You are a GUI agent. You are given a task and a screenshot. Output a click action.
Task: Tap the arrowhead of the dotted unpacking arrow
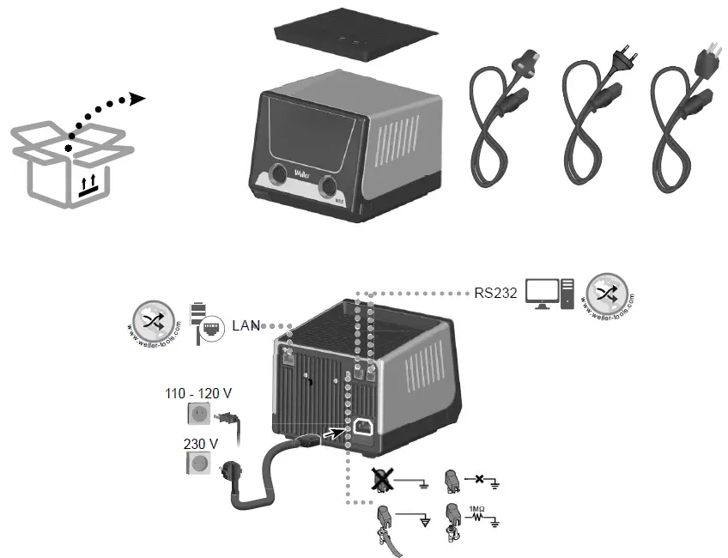(137, 99)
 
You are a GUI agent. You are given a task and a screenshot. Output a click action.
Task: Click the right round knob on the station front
(329, 186)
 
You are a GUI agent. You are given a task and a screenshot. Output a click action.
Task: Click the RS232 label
(495, 293)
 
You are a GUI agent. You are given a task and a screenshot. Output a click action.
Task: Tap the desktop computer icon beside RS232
(549, 294)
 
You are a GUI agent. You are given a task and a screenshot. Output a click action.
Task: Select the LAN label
(246, 326)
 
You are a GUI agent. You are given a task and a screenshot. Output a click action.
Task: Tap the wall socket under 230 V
(199, 464)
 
